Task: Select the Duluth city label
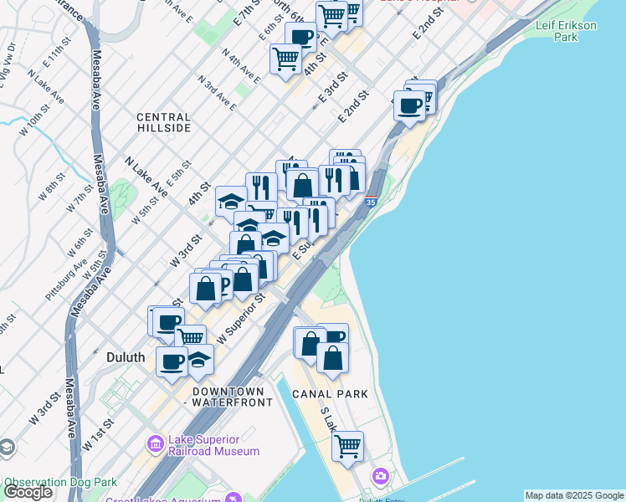coord(126,357)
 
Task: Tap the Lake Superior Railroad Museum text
coord(214,445)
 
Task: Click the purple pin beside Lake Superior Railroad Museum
coord(155,443)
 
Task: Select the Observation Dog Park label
coord(60,483)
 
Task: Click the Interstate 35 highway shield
coord(371,201)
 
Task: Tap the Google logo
coord(28,492)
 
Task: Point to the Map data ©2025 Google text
coord(574,495)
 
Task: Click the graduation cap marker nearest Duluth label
coord(198,359)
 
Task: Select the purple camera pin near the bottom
coord(382,476)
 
